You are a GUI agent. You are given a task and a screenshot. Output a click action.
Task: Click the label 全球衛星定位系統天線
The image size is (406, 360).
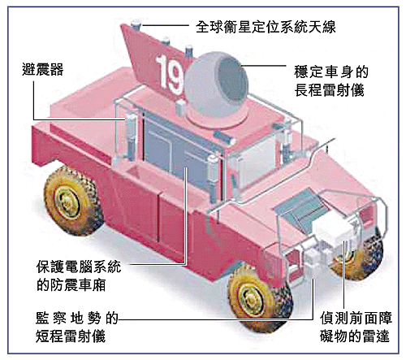(266, 27)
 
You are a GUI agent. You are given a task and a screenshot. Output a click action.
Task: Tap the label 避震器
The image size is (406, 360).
(42, 69)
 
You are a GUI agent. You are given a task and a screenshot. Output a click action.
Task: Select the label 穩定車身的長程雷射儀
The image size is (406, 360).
(330, 81)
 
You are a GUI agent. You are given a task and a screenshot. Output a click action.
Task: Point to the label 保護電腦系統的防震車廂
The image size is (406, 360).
(79, 275)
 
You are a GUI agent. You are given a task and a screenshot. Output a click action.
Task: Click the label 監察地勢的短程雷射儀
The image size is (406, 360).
(77, 327)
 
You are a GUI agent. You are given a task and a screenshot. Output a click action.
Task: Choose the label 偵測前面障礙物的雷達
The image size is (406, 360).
(356, 327)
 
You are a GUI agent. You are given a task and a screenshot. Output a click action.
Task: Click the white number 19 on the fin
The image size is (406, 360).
(169, 74)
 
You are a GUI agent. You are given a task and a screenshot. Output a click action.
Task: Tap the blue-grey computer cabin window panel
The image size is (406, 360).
(175, 152)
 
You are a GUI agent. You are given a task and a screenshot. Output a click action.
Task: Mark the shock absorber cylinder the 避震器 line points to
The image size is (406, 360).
(131, 136)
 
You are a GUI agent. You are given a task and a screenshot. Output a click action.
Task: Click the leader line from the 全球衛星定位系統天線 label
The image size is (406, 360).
(166, 25)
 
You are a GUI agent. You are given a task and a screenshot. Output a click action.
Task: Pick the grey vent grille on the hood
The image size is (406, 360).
(299, 206)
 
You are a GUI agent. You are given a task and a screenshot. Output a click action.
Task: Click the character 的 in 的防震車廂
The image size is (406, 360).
(43, 285)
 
